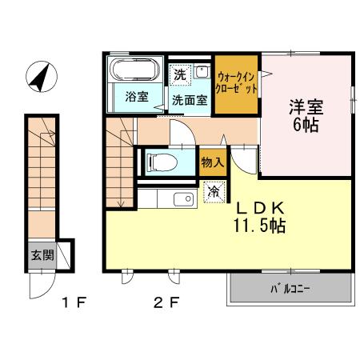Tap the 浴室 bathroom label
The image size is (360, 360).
click(x=137, y=98)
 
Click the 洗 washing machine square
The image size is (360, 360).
click(x=180, y=74)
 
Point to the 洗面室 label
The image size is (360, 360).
click(x=190, y=100)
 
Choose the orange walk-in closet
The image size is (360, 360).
click(x=237, y=83)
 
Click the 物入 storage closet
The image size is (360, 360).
click(x=212, y=162)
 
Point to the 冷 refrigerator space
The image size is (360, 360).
click(x=214, y=192)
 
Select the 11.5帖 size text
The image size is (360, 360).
click(x=259, y=225)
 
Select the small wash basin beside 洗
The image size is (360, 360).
click(x=201, y=72)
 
